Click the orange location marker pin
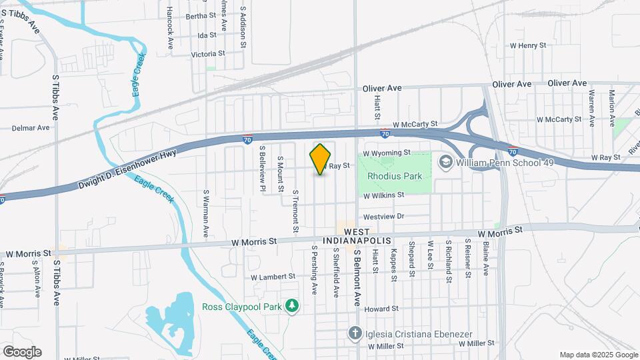pos(320,159)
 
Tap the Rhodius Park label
pos(395,176)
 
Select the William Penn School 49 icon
pos(445,161)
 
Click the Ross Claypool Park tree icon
pos(291,306)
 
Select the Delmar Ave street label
pos(31,127)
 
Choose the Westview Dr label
pos(383,217)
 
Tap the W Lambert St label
pos(273,276)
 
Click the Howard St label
pos(381,309)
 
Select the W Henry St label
pos(527,45)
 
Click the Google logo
pos(22,351)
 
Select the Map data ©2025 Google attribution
pos(597,355)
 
